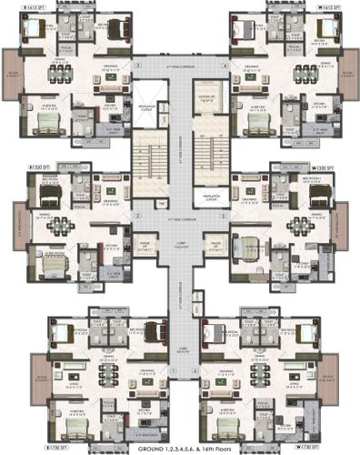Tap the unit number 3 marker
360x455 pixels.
(x=136, y=66)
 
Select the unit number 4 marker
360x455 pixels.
(x=225, y=66)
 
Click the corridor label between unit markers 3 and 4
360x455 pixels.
(x=180, y=66)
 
